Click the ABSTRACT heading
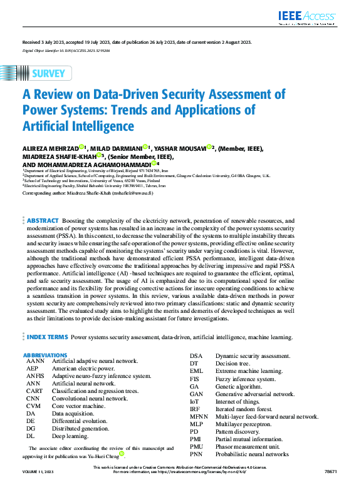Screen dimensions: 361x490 43,221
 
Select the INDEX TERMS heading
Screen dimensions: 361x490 48,337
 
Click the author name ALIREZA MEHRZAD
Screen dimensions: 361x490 50,148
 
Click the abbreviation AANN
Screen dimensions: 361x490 35,361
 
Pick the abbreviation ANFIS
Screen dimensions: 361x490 35,376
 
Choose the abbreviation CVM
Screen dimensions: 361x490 34,406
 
